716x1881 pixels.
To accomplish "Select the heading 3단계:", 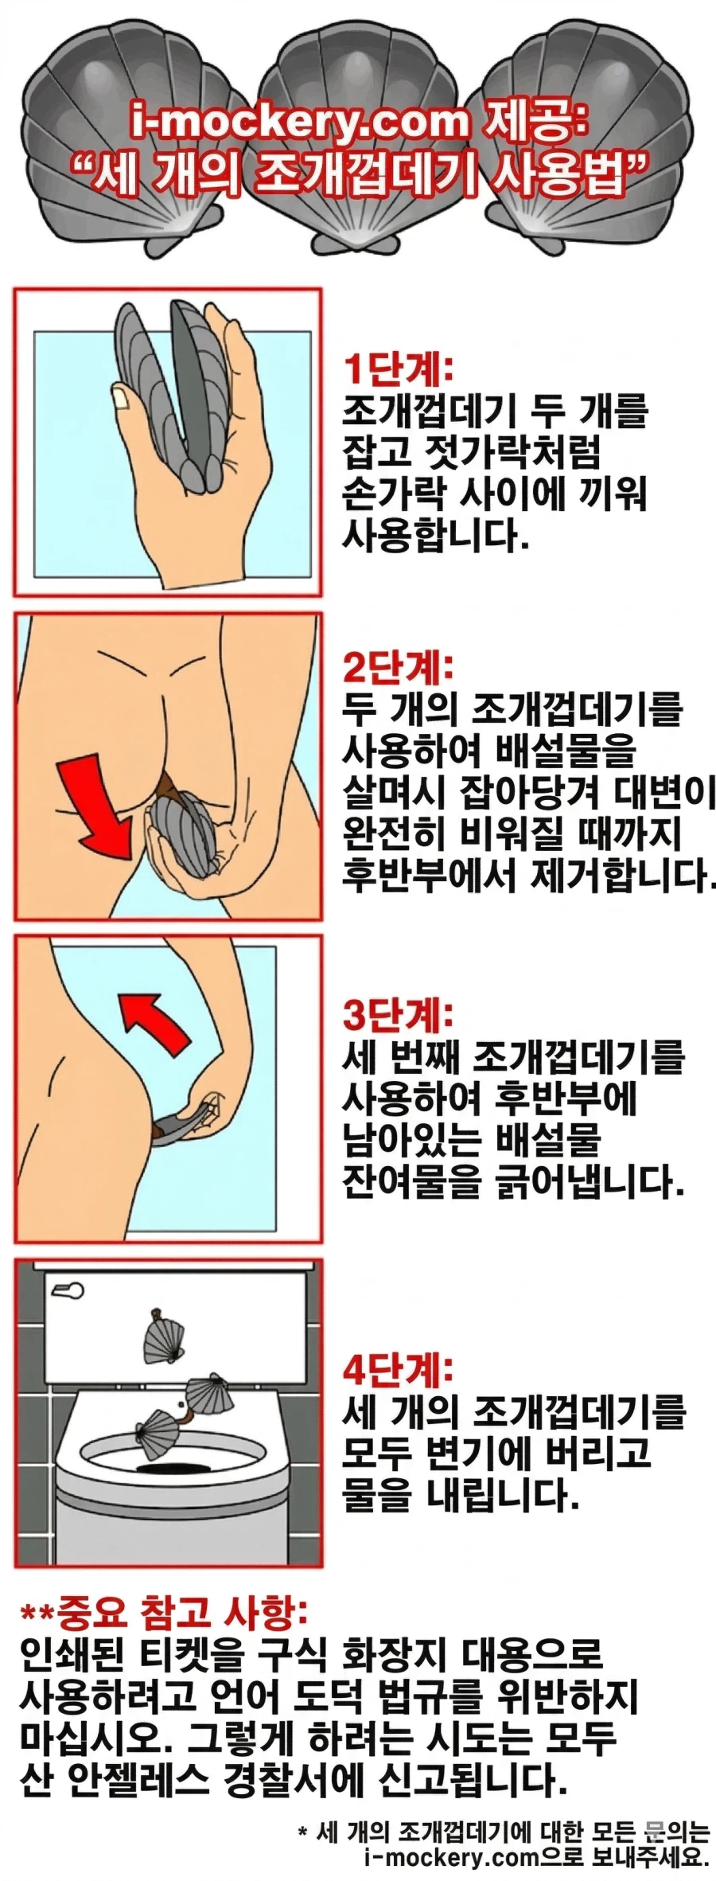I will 397,1014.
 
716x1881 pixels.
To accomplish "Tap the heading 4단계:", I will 397,1368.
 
